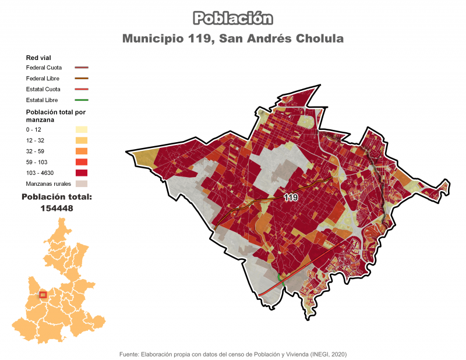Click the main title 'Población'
(232, 18)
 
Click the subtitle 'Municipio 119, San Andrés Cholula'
(232, 38)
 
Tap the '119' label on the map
(291, 198)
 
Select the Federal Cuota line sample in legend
(81, 68)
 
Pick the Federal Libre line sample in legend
(81, 78)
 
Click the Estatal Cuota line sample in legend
(81, 89)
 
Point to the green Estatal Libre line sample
(81, 100)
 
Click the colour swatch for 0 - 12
(81, 129)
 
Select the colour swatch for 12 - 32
(81, 140)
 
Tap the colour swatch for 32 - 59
(81, 151)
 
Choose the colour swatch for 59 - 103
(81, 162)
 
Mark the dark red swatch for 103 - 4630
(81, 172)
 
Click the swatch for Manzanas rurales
(81, 183)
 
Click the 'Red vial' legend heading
(39, 58)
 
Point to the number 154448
(57, 208)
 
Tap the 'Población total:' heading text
(57, 197)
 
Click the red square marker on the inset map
(43, 295)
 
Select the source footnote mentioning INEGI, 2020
(232, 354)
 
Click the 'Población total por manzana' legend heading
(55, 115)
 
